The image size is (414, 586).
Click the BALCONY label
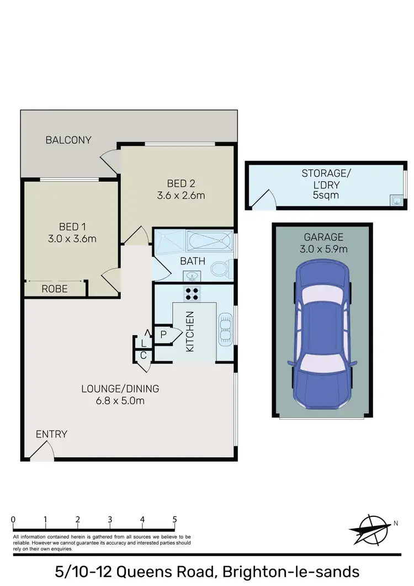[x=68, y=140]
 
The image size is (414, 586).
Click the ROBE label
[x=54, y=288]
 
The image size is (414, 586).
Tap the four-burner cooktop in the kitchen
[x=192, y=293]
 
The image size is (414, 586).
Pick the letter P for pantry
[x=164, y=334]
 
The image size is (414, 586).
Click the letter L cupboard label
[x=143, y=343]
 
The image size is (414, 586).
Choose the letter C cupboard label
[x=143, y=355]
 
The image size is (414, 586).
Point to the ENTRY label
[x=51, y=434]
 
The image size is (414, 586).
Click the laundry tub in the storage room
[x=396, y=200]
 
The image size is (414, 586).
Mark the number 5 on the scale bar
[x=175, y=519]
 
